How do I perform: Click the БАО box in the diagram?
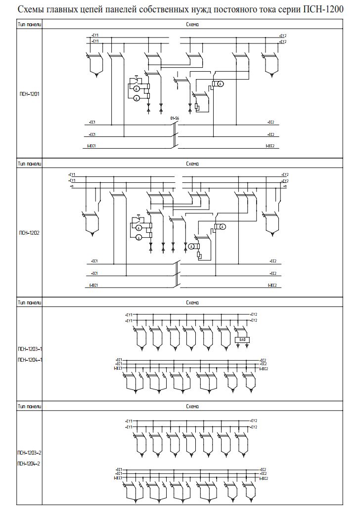(242, 340)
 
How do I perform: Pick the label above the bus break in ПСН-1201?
(175, 119)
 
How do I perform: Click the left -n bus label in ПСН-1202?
(72, 186)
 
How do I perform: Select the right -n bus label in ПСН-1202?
(285, 186)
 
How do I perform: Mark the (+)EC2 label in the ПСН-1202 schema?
(272, 285)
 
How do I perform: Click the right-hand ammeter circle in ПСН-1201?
(222, 85)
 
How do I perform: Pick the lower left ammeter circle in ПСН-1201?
(136, 98)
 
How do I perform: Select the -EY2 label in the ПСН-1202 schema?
(285, 180)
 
